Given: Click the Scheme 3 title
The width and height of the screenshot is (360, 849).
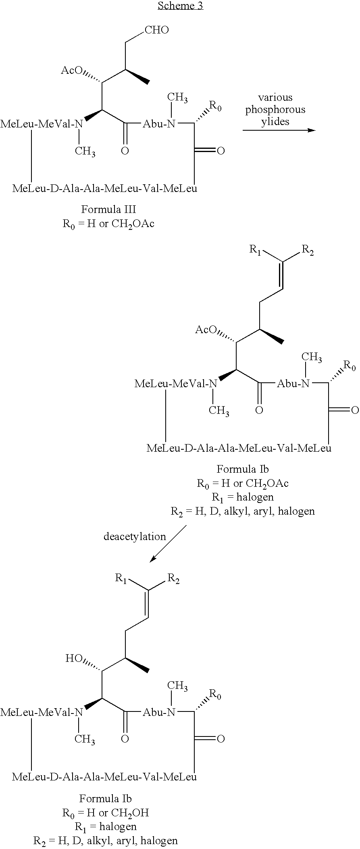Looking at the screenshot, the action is [180, 6].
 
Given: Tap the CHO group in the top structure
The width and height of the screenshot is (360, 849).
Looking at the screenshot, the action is [157, 30].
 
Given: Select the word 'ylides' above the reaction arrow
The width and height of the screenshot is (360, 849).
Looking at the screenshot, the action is [275, 122].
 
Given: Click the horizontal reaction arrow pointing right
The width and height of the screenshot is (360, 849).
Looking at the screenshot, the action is [279, 130].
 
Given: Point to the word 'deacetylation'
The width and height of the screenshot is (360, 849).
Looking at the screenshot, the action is [135, 536].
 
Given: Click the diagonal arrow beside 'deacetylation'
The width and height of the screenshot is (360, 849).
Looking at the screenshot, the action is [168, 543].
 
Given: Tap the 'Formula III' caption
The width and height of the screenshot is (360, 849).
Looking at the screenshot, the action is [108, 210].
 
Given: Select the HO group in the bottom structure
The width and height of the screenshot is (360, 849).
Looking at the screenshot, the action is [74, 659].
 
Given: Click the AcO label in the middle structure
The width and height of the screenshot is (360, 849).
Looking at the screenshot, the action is [206, 330].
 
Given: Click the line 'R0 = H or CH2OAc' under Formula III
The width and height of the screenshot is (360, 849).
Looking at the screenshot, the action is [108, 224].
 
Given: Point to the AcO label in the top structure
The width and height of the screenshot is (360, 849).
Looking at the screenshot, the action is [72, 71].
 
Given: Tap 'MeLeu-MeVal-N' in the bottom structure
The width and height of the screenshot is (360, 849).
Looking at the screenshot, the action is [41, 712].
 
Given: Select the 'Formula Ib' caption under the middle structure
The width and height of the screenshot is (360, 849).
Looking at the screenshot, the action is [243, 469].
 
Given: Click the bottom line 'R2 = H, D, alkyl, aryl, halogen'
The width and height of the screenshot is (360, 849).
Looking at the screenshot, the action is [106, 841].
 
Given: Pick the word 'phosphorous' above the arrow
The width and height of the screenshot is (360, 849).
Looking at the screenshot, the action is [275, 110].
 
